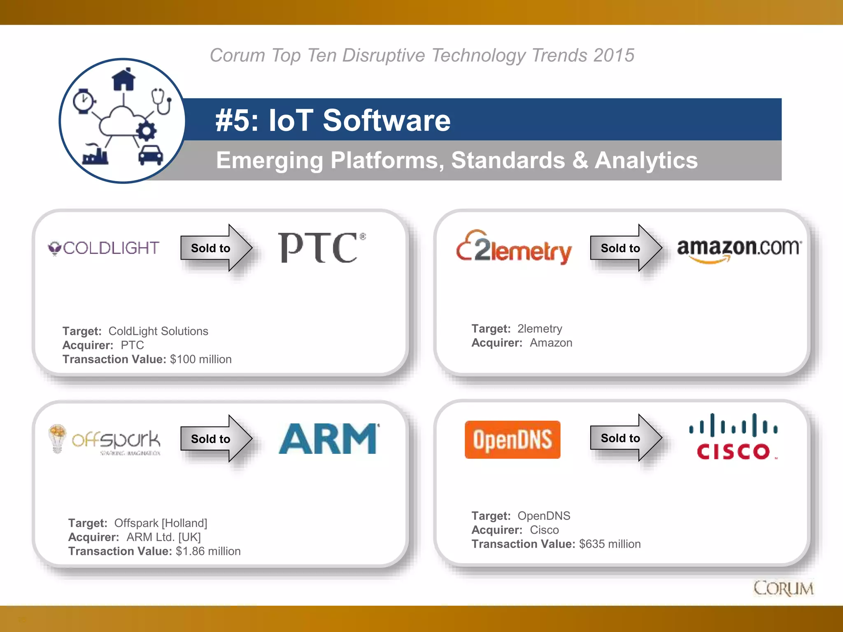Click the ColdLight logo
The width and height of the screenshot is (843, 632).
(104, 248)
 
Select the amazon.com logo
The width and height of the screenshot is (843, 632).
(739, 249)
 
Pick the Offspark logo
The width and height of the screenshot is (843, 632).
(105, 440)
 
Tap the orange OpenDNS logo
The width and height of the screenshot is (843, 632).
(512, 439)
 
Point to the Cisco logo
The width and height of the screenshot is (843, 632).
(734, 437)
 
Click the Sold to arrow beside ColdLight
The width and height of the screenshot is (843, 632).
(216, 248)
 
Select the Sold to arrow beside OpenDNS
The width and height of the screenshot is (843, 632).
(626, 438)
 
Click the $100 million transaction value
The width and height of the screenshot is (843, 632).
(200, 359)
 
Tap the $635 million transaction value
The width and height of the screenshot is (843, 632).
(610, 544)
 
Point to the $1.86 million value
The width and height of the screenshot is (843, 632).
(208, 551)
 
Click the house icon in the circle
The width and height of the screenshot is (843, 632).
(123, 79)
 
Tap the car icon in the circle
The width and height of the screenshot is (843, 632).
(150, 155)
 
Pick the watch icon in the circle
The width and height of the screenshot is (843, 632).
(84, 101)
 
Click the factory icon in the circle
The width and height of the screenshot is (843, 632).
(95, 155)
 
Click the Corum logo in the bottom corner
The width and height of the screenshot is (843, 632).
(783, 588)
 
